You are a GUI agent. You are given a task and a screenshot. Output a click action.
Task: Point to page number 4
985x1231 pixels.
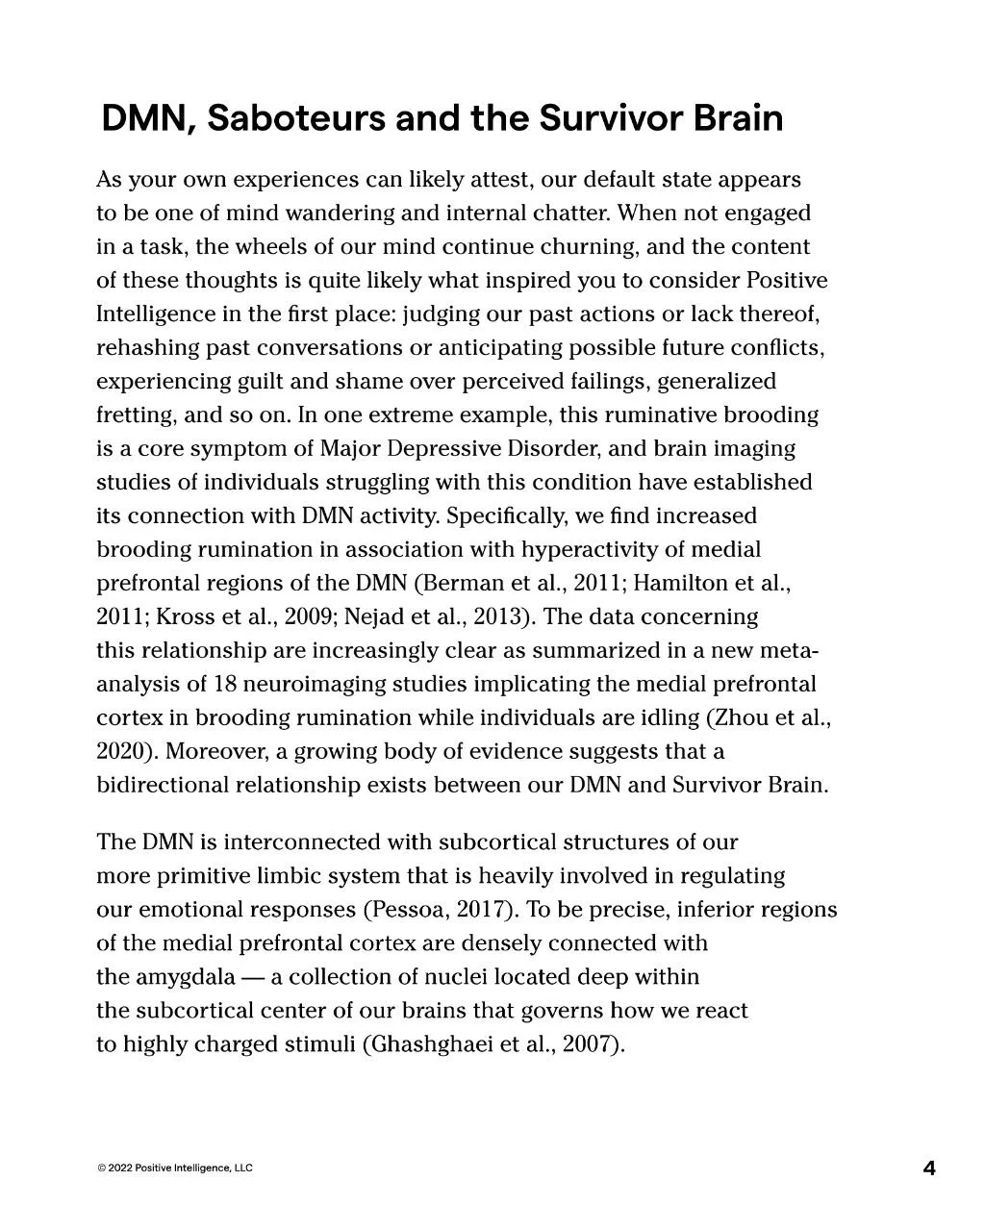click(x=928, y=1168)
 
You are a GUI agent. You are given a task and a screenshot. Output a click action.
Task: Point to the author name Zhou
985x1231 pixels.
click(x=742, y=717)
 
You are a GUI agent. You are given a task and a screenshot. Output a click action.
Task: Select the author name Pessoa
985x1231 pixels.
click(x=403, y=910)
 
